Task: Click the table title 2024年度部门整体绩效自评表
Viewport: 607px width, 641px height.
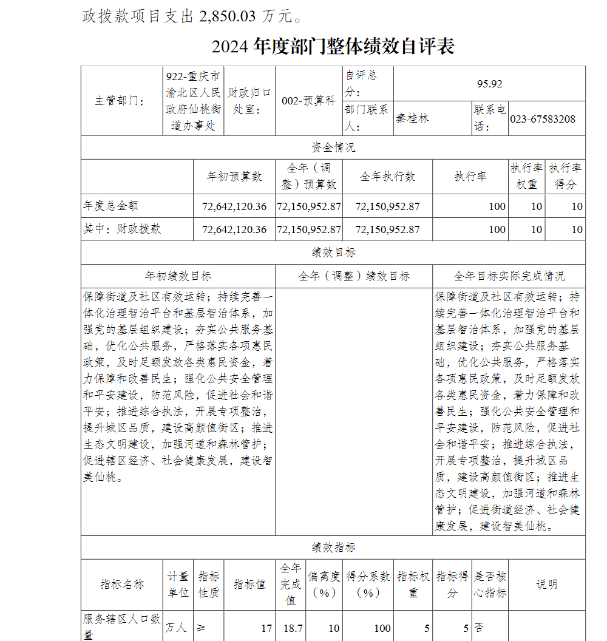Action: pos(333,47)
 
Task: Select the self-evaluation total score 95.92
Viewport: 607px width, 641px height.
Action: pos(489,84)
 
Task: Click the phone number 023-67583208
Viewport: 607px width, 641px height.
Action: pos(543,119)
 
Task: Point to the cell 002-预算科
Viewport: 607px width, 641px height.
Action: pos(308,101)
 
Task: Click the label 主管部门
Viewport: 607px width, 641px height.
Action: pos(120,101)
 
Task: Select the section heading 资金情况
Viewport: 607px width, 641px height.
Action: pos(333,148)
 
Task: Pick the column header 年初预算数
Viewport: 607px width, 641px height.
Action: pos(234,177)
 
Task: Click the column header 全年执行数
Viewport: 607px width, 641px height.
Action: pos(387,177)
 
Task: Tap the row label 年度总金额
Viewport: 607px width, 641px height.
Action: pos(106,206)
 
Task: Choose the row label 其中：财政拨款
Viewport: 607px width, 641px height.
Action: pos(122,229)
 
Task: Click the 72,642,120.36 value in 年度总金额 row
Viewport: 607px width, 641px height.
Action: pos(234,206)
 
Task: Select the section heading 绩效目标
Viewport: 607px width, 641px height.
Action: pos(333,253)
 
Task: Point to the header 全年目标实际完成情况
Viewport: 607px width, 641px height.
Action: pos(509,276)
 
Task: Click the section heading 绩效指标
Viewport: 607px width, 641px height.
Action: pos(333,548)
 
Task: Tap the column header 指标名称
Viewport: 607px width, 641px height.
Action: pos(122,585)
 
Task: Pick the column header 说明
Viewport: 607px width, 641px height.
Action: pos(546,585)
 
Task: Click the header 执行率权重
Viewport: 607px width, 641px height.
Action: pos(526,177)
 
